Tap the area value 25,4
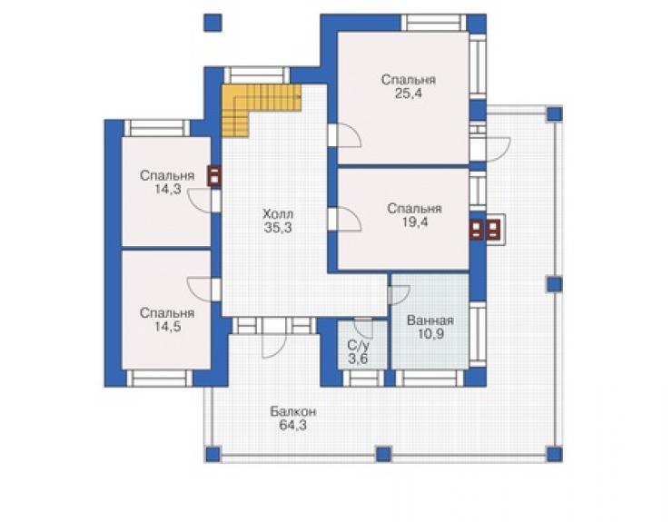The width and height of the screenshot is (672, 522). (x=409, y=94)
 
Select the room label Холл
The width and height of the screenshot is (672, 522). (x=278, y=213)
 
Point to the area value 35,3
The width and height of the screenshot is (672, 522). (x=278, y=228)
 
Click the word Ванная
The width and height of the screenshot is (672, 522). (x=430, y=320)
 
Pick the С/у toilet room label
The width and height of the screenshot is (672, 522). (x=358, y=345)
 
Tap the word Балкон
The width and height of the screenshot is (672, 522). (x=293, y=411)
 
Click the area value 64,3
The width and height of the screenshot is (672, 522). (x=293, y=426)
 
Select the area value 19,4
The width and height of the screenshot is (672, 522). (x=415, y=222)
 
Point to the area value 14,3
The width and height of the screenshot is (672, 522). (x=168, y=189)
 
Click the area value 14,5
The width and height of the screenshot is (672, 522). (x=168, y=327)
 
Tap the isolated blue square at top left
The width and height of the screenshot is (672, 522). (x=212, y=23)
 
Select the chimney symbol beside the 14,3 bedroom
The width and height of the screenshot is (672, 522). (x=213, y=176)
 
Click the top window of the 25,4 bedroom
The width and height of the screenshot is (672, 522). (x=435, y=23)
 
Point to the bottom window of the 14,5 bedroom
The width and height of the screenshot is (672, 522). (x=160, y=379)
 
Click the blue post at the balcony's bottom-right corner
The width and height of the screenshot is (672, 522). (x=554, y=454)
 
